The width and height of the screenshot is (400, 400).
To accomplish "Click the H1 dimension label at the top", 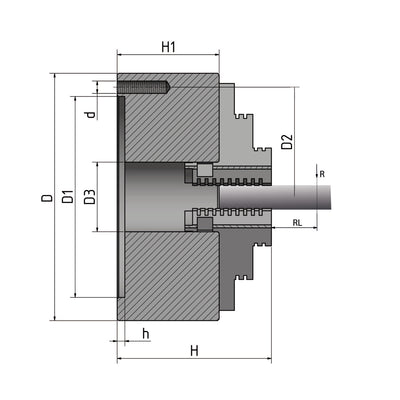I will [x=168, y=46].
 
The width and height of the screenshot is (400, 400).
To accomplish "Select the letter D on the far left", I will [x=46, y=198].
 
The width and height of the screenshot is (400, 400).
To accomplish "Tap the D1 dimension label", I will [x=67, y=198].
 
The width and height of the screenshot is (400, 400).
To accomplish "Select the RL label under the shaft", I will [x=299, y=222].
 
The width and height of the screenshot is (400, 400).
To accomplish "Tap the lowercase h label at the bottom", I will [x=146, y=333].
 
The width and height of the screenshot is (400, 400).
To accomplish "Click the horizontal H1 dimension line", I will [x=168, y=58].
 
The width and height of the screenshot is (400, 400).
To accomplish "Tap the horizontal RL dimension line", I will [x=299, y=230].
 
